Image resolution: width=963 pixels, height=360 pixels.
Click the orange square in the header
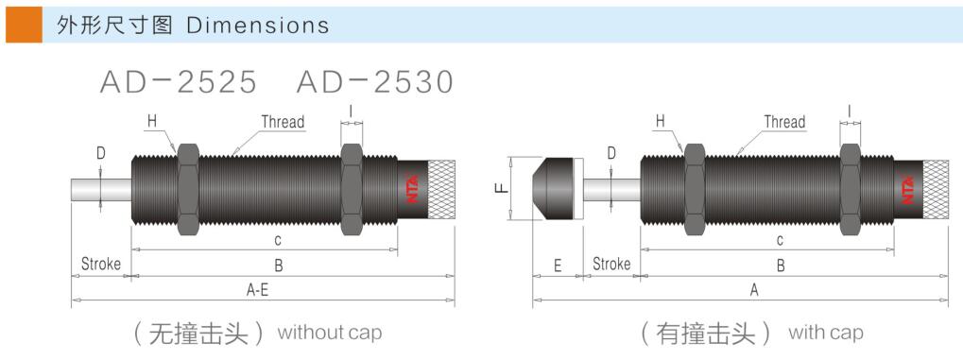tap(24, 25)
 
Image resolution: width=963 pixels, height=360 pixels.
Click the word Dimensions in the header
tap(257, 26)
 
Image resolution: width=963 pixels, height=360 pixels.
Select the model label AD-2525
tap(178, 81)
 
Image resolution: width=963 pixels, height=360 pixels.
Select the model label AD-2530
tap(374, 81)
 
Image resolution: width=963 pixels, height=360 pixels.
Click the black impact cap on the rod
tap(556, 189)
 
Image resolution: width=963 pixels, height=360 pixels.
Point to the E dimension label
tap(558, 265)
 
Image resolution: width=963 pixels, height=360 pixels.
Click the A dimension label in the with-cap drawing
tap(755, 291)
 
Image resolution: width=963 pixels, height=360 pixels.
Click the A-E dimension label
tap(257, 291)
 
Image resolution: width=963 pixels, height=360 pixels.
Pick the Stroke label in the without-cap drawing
tap(101, 265)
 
